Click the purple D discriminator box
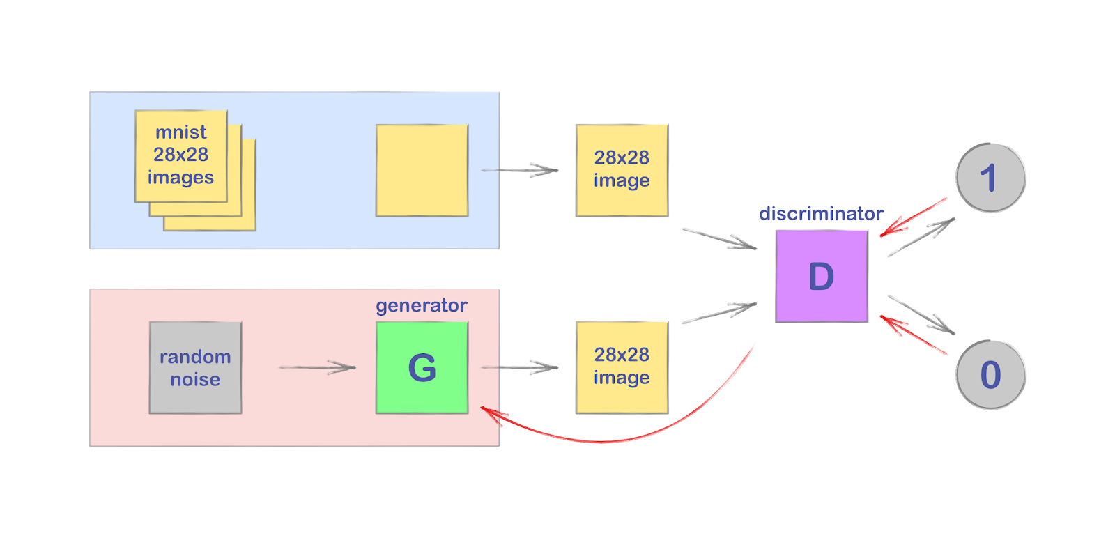821,276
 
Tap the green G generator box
422,367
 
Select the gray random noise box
195,367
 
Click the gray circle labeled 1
990,178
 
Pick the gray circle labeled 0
990,375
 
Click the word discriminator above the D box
821,213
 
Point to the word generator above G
421,305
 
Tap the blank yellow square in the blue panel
422,170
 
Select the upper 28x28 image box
622,170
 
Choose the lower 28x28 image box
622,367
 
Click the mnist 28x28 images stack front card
180,155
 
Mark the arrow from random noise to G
317,367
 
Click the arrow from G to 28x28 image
519,367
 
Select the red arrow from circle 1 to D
913,217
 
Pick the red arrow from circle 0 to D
913,335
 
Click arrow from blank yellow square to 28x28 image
519,170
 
